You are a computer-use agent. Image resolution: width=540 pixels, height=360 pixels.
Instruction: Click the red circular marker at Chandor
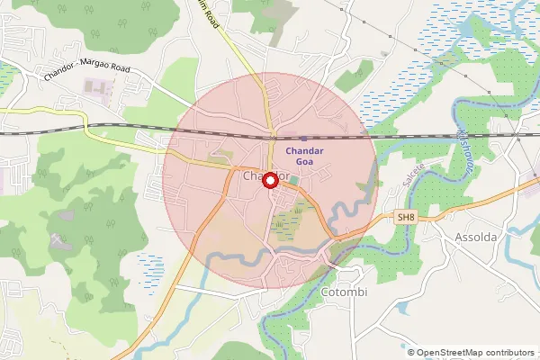click(x=269, y=179)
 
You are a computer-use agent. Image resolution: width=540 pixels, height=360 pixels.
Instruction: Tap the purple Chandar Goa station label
click(x=303, y=157)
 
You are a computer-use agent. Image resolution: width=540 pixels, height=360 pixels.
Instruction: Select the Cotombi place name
click(x=344, y=293)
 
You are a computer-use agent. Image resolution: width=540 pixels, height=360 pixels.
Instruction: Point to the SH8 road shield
click(x=408, y=217)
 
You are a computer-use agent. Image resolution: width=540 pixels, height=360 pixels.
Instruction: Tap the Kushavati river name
click(x=469, y=144)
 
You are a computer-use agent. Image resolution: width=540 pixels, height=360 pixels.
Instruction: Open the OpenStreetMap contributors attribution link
click(x=473, y=352)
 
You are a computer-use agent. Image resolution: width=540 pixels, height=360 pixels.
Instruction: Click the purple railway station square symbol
click(x=276, y=139)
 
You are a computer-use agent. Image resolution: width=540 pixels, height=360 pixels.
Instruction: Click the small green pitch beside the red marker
click(x=292, y=183)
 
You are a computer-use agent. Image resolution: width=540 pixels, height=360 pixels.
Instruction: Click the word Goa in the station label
click(x=303, y=163)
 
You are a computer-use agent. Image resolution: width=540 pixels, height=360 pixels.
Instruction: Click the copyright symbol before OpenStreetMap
click(x=411, y=352)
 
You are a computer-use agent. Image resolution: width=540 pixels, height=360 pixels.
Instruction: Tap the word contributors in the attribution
click(x=508, y=352)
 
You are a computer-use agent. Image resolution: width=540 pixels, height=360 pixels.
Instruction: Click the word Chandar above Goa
click(x=303, y=150)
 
